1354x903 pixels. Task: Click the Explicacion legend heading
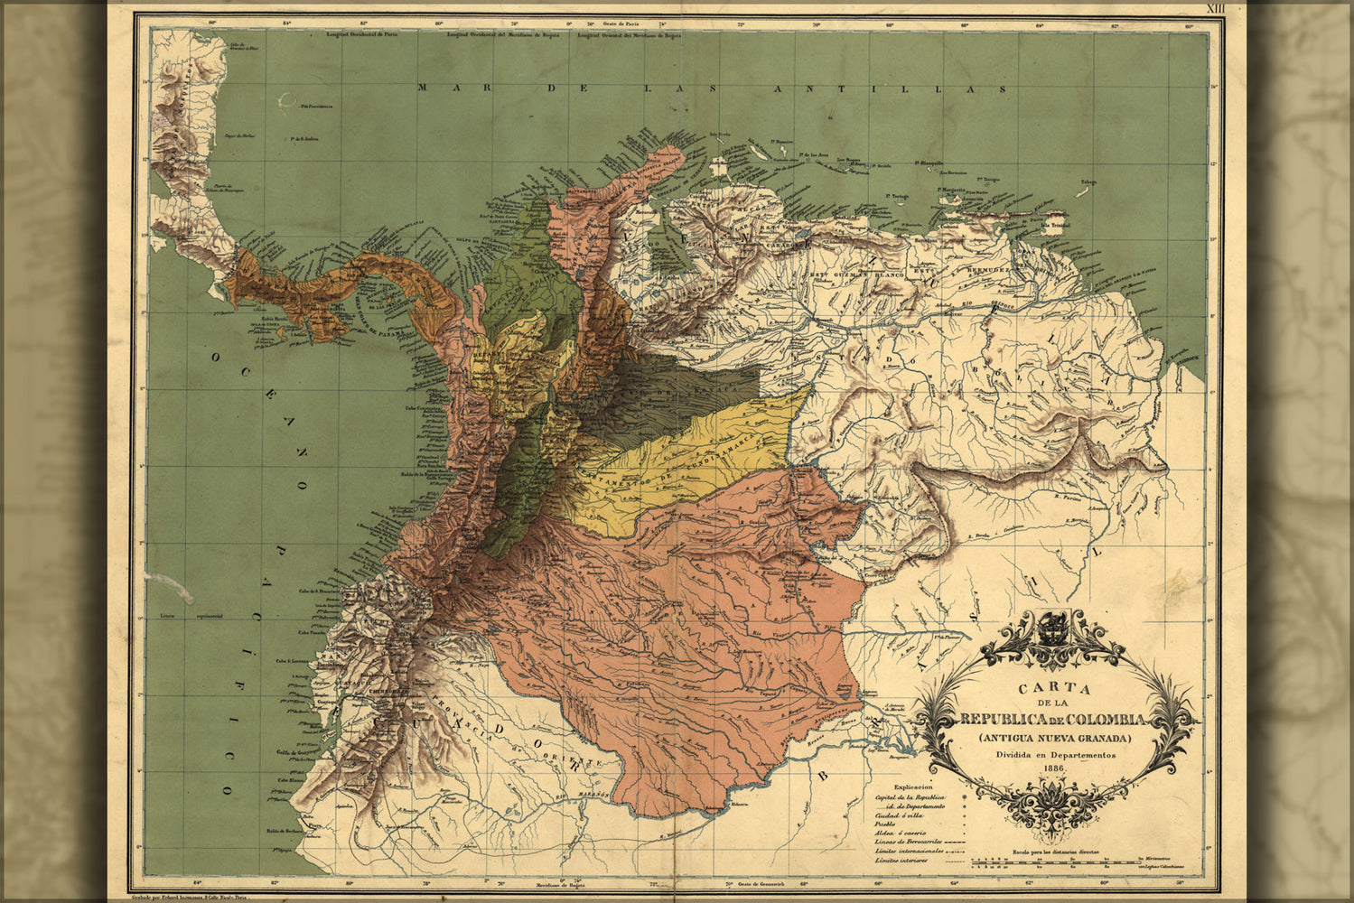coord(914,787)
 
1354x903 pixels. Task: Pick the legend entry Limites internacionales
coord(910,850)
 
